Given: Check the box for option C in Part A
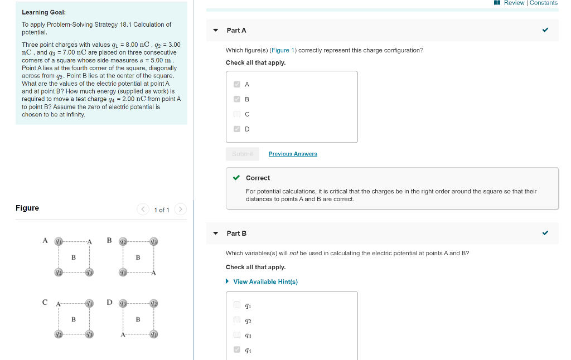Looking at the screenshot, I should click(x=237, y=114).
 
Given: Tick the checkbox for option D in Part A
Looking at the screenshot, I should click(x=237, y=129).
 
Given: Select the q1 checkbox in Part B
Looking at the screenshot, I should click(x=237, y=305).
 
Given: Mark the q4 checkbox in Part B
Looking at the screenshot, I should click(x=237, y=350).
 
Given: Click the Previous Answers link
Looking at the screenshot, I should click(x=293, y=154).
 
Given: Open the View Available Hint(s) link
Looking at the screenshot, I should click(x=265, y=281).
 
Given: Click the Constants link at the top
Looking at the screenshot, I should click(x=544, y=3).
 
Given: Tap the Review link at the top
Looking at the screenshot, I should click(x=514, y=3).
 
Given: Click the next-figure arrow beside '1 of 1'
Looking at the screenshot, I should click(x=180, y=210).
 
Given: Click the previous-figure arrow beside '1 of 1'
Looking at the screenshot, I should click(x=143, y=210).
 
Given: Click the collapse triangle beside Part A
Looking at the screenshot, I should click(x=216, y=31).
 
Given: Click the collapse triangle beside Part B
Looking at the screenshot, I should click(x=216, y=233).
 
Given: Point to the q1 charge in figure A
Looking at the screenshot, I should click(x=58, y=241).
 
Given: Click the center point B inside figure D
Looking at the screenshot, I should click(x=138, y=319).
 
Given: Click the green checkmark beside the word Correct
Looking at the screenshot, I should click(x=236, y=178).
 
